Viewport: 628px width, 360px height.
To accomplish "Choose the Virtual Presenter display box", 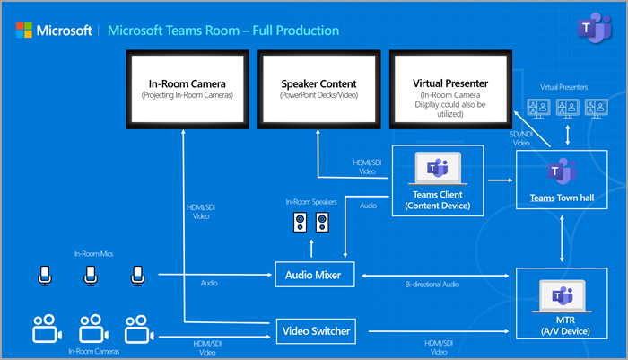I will (450, 87).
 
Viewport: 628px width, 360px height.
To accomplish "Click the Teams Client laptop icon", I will (437, 168).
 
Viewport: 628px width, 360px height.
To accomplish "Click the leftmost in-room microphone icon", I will (46, 276).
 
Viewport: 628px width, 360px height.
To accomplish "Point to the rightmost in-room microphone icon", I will (135, 276).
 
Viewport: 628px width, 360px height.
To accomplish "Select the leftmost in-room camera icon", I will (44, 329).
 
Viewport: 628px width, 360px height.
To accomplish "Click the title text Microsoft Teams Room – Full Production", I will (223, 31).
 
